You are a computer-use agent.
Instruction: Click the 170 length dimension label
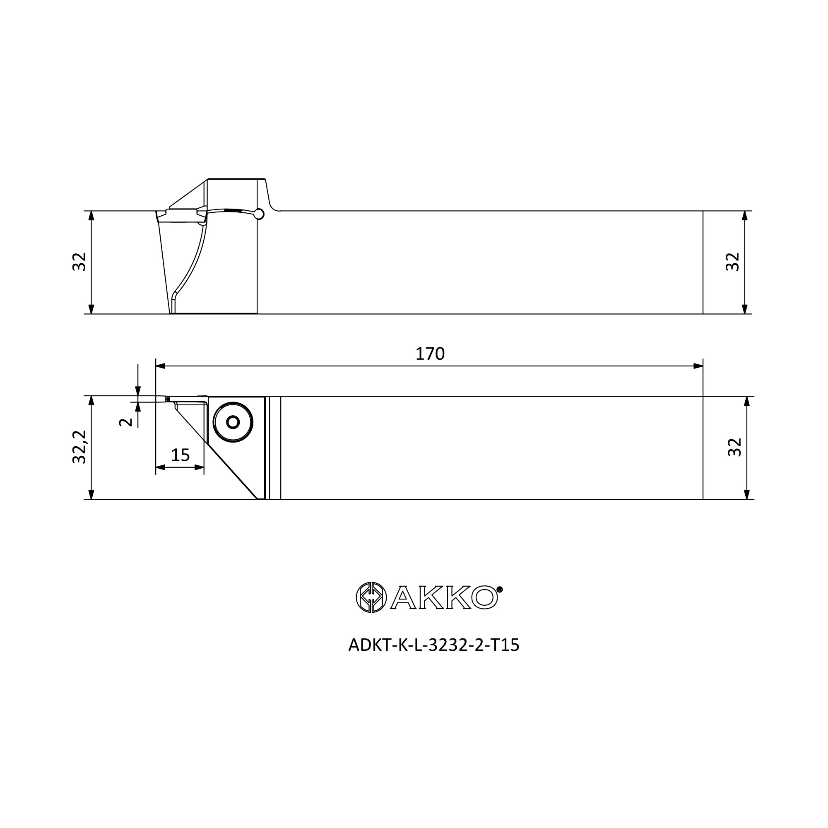(430, 354)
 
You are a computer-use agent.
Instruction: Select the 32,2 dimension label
(80, 447)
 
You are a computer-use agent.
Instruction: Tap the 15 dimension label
(180, 455)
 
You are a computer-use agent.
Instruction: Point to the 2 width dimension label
(125, 422)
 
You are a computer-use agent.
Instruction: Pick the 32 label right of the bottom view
(734, 447)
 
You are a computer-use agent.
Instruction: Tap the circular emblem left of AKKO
(371, 597)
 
